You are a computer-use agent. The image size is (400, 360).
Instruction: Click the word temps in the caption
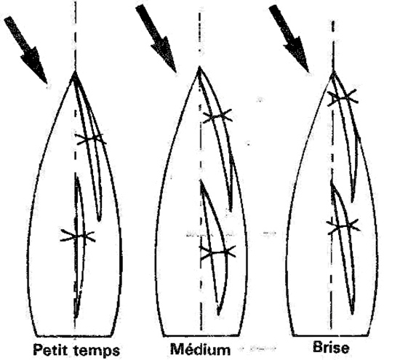coord(97,351)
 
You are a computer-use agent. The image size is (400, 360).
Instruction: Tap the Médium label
coord(200,348)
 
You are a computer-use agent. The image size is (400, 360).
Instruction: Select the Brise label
coord(331,347)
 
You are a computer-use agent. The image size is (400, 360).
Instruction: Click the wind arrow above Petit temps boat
coord(25,50)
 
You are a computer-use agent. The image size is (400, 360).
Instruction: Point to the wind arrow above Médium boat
coord(156,39)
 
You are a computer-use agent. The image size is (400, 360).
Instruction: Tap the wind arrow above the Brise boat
coord(289,39)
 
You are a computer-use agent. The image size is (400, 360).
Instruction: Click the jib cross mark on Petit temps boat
coord(91,140)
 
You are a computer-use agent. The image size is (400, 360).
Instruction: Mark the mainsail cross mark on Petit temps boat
coord(77,236)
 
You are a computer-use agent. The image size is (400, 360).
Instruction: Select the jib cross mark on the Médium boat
coord(217,117)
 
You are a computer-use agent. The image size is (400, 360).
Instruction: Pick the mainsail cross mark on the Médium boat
coord(217,252)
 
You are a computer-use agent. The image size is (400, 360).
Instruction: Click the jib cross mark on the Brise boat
coord(343,97)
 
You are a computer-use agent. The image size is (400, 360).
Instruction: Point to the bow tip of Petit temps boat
coord(75,72)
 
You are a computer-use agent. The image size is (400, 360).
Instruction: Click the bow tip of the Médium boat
coord(200,67)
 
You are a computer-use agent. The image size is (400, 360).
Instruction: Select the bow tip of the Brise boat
coord(333,73)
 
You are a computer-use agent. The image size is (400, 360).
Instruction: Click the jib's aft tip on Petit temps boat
coord(99,220)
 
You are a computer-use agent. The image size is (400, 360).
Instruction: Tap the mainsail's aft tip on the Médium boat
coord(218,314)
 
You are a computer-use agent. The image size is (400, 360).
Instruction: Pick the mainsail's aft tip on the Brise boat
coord(352,313)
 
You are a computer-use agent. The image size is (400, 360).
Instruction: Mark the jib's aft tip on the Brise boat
coord(352,201)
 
